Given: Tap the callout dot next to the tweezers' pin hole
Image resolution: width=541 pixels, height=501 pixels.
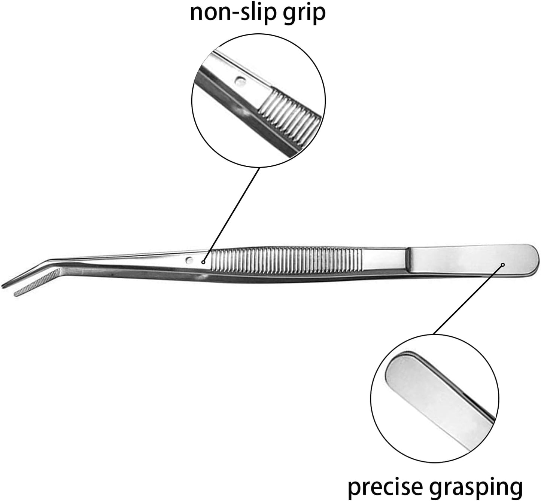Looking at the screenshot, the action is [203, 262].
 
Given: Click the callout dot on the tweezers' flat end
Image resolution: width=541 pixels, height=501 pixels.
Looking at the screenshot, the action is [503, 265].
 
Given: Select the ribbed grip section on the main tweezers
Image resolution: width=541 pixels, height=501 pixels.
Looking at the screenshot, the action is [286, 259].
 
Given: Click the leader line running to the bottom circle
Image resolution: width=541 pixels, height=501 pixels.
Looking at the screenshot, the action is [468, 299].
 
